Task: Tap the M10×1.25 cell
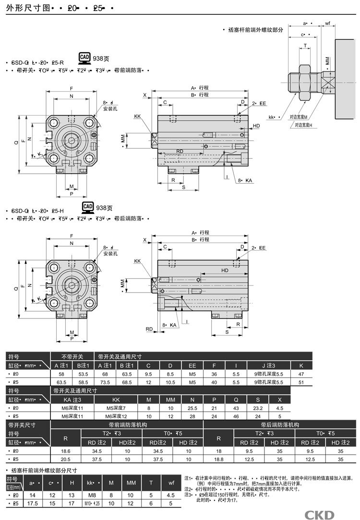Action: tap(90, 504)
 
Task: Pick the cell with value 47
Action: tap(301, 373)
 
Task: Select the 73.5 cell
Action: tap(106, 382)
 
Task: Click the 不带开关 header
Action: tap(72, 356)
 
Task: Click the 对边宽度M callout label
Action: tap(299, 117)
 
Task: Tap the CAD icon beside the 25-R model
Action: tap(85, 58)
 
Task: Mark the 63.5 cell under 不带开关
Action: tap(61, 382)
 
